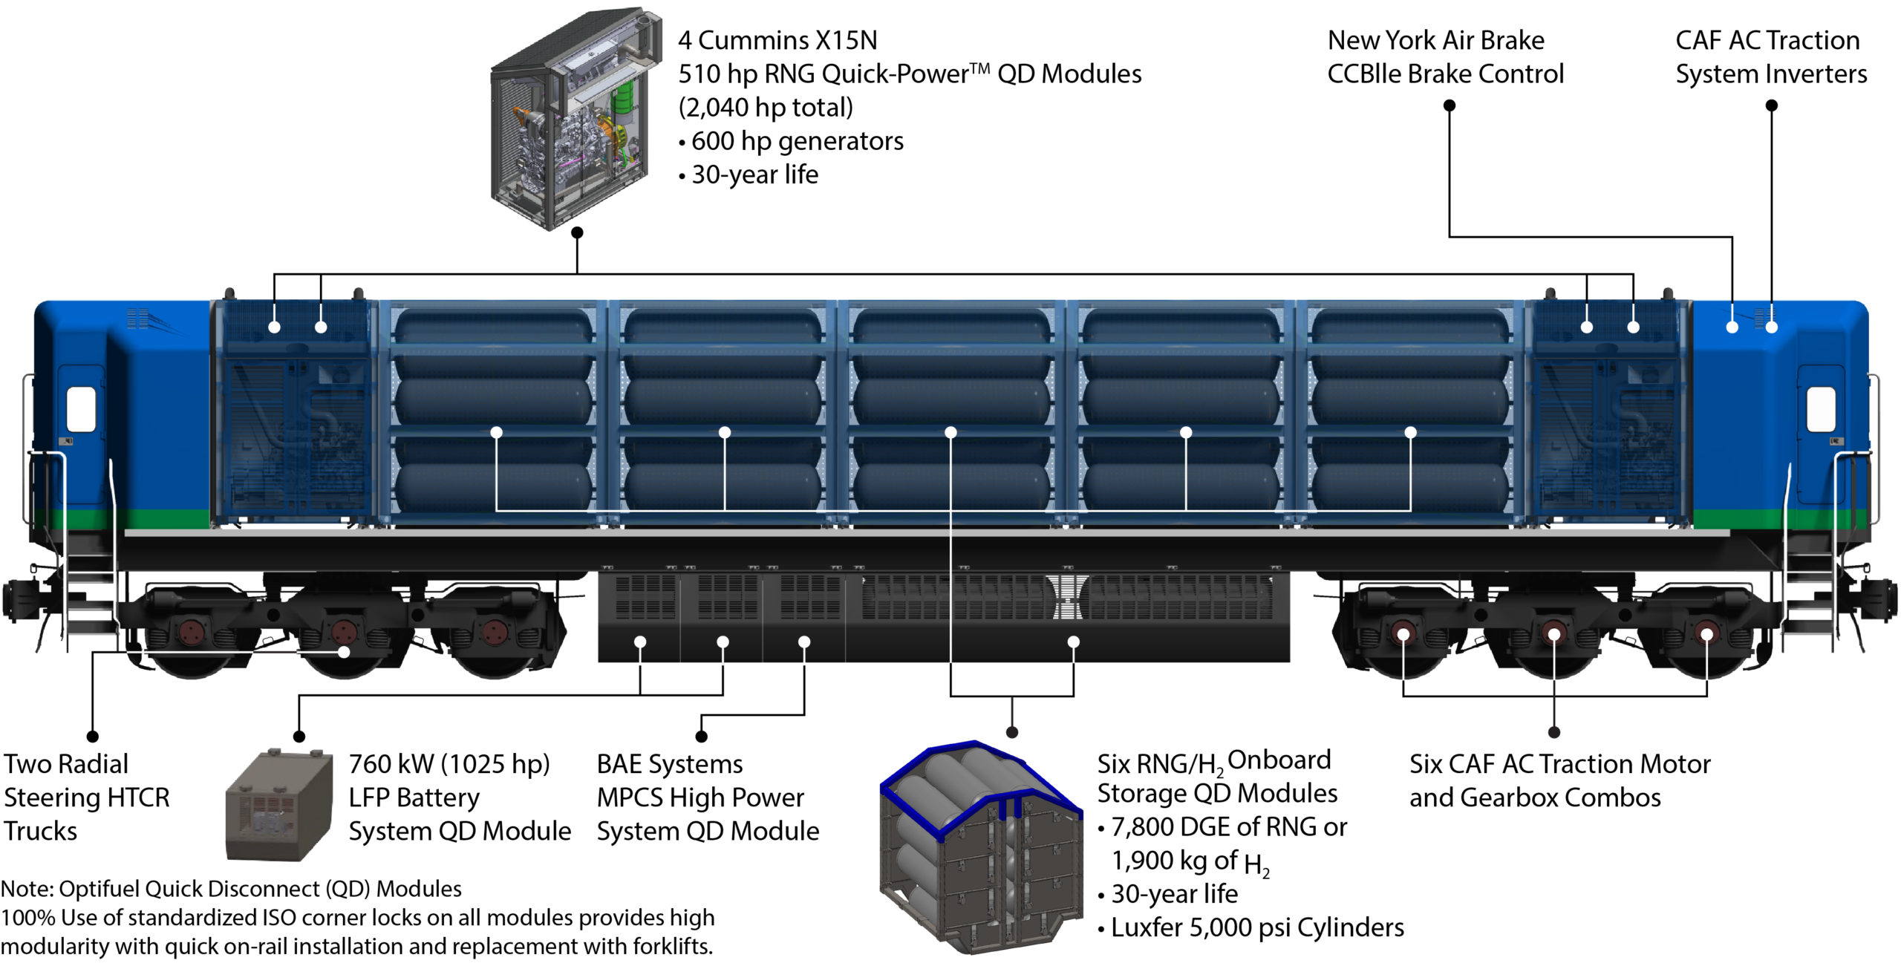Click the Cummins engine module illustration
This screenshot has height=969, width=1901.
pos(575,119)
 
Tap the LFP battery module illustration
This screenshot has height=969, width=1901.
pos(278,806)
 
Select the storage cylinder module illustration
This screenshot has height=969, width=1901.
pos(980,846)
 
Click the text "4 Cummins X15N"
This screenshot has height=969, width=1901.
pos(777,40)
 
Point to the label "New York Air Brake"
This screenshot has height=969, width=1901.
pos(1435,40)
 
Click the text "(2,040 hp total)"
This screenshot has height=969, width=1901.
pos(766,108)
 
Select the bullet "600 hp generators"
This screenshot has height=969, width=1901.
pos(797,141)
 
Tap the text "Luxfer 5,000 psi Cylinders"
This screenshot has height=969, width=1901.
pos(1257,927)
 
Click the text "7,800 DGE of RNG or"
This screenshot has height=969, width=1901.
pos(1229,827)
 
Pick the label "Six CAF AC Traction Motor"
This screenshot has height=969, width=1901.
pos(1559,764)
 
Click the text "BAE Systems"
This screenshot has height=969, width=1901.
pos(670,764)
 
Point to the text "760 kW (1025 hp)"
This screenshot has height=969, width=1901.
pos(449,764)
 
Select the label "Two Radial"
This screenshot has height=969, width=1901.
pos(66,764)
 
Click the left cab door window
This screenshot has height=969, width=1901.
pos(81,409)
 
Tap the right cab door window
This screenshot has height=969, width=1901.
pos(1820,409)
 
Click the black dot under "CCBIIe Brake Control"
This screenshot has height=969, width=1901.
pos(1449,105)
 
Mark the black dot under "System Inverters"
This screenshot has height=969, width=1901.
pos(1771,105)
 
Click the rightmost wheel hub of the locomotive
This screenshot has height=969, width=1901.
pos(1706,633)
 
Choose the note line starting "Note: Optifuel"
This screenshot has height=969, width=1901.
pos(231,889)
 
